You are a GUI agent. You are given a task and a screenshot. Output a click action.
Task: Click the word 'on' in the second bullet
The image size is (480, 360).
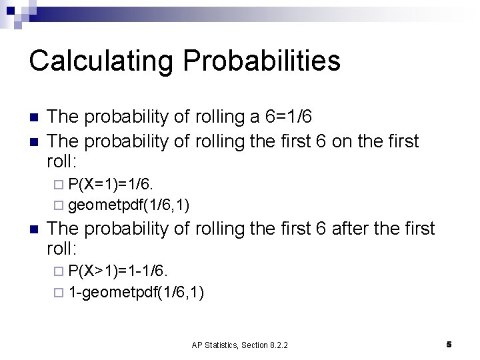coord(347,141)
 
